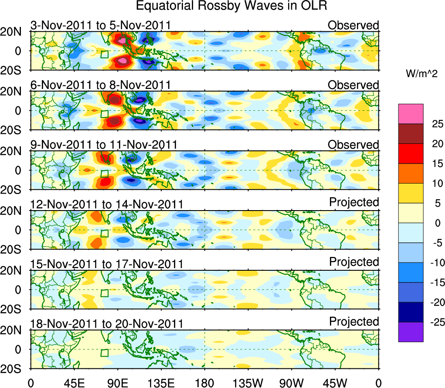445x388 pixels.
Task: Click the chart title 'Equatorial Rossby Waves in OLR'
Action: point(231,6)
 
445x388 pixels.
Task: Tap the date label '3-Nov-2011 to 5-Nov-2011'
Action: point(100,25)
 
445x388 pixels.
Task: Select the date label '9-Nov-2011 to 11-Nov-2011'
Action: point(103,145)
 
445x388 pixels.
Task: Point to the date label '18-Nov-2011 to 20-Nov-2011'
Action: point(106,324)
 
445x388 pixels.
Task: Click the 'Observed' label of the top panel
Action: point(353,25)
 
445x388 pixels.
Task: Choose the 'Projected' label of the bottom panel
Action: point(354,322)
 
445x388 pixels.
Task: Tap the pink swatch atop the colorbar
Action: point(411,114)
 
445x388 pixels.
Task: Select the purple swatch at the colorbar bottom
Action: point(411,332)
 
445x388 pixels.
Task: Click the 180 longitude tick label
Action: point(204,382)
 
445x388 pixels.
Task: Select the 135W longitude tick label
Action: point(248,382)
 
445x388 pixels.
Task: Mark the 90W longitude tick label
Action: point(292,382)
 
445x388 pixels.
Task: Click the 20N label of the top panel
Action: point(14,32)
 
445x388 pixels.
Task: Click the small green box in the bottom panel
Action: point(104,353)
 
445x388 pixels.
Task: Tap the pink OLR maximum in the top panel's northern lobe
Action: point(122,41)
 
